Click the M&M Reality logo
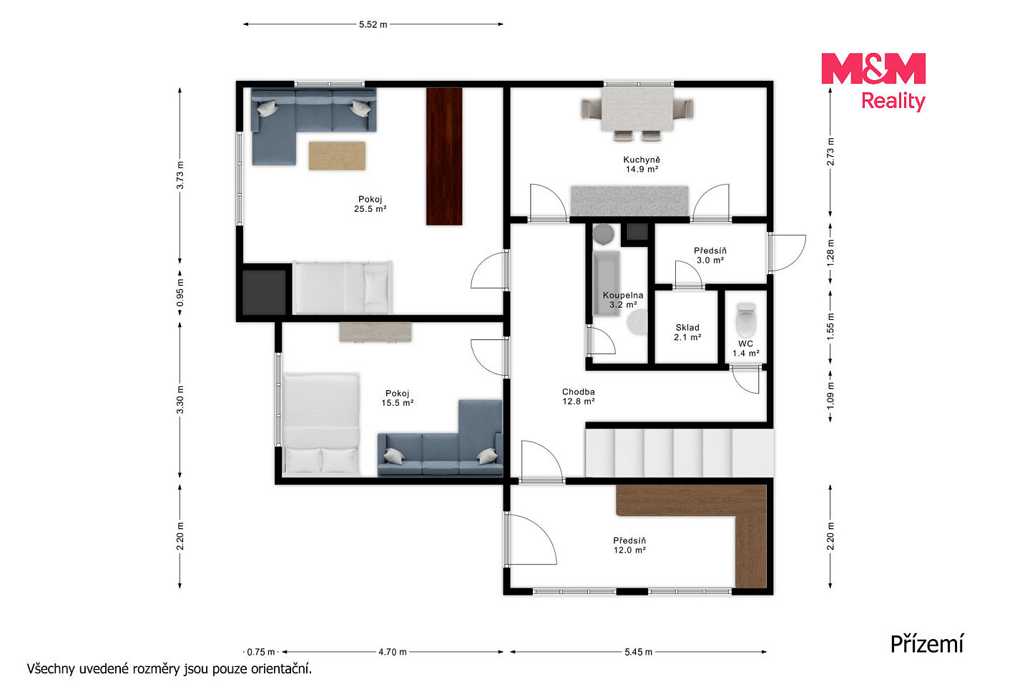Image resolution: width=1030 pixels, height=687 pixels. pyautogui.click(x=873, y=82)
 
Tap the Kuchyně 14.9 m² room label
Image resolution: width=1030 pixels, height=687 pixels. pyautogui.click(x=642, y=165)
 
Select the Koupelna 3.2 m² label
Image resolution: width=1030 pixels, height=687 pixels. pyautogui.click(x=623, y=300)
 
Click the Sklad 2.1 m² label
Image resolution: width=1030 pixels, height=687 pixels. pyautogui.click(x=687, y=332)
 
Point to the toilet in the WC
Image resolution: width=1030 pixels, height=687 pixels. pyautogui.click(x=745, y=320)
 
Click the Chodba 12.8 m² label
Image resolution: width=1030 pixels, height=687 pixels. pyautogui.click(x=579, y=396)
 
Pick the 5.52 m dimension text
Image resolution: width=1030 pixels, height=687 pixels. pyautogui.click(x=373, y=24)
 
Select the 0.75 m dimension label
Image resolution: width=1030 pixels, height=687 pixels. pyautogui.click(x=260, y=652)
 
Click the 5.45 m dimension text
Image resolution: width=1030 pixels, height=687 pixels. pyautogui.click(x=638, y=652)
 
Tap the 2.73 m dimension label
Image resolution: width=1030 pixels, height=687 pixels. pyautogui.click(x=830, y=152)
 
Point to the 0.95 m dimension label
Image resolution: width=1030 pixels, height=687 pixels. pyautogui.click(x=180, y=293)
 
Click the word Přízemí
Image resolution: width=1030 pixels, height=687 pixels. pyautogui.click(x=926, y=644)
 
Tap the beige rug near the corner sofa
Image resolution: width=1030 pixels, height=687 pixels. pyautogui.click(x=337, y=155)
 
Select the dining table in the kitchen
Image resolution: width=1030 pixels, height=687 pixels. pyautogui.click(x=637, y=109)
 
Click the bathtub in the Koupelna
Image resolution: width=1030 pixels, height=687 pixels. pyautogui.click(x=606, y=283)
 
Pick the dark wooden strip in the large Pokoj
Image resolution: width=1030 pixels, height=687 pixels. pyautogui.click(x=444, y=157)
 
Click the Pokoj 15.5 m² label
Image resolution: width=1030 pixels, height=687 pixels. pyautogui.click(x=397, y=398)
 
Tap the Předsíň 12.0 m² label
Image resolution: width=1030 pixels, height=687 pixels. pyautogui.click(x=629, y=545)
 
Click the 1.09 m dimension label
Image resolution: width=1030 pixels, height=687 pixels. pyautogui.click(x=830, y=396)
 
